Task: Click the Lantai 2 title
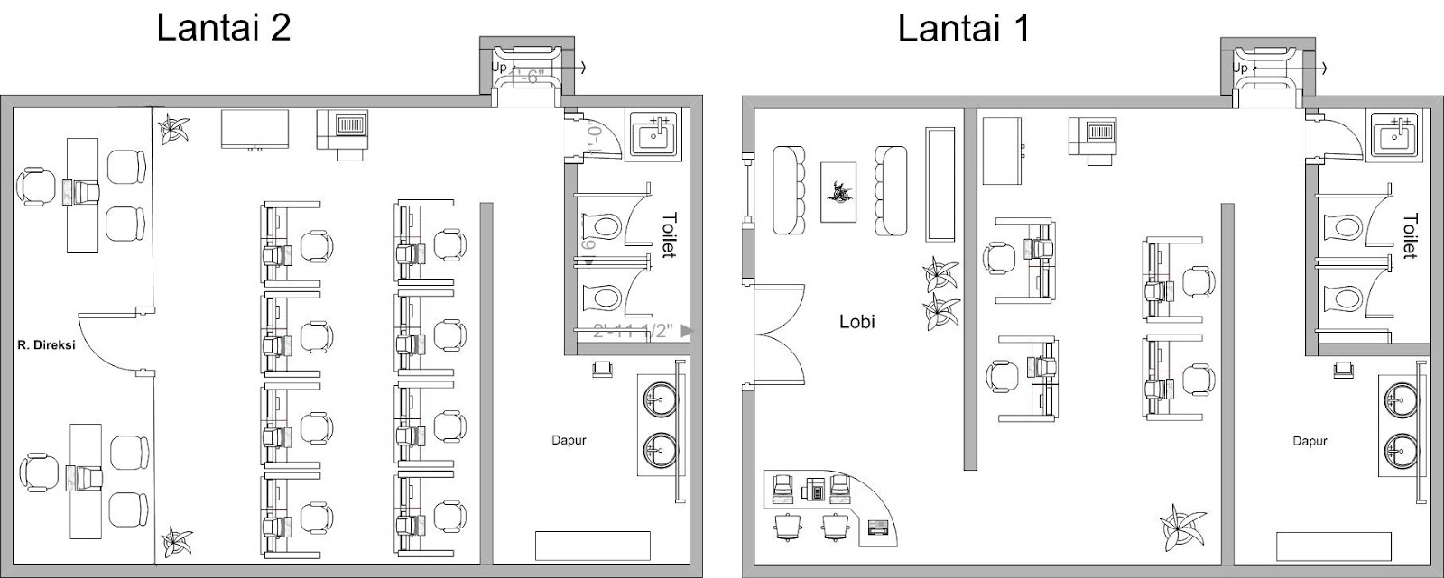click(223, 28)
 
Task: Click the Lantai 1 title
click(963, 28)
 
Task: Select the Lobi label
click(856, 321)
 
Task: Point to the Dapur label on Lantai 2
click(569, 441)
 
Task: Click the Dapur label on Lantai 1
click(1310, 441)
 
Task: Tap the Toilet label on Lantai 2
click(669, 235)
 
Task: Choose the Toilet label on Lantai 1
click(1410, 235)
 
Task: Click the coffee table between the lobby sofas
click(838, 192)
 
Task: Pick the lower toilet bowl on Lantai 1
click(1342, 298)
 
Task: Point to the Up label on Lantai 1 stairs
click(1240, 68)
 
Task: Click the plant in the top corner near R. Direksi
click(171, 127)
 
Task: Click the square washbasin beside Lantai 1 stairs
click(1396, 135)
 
